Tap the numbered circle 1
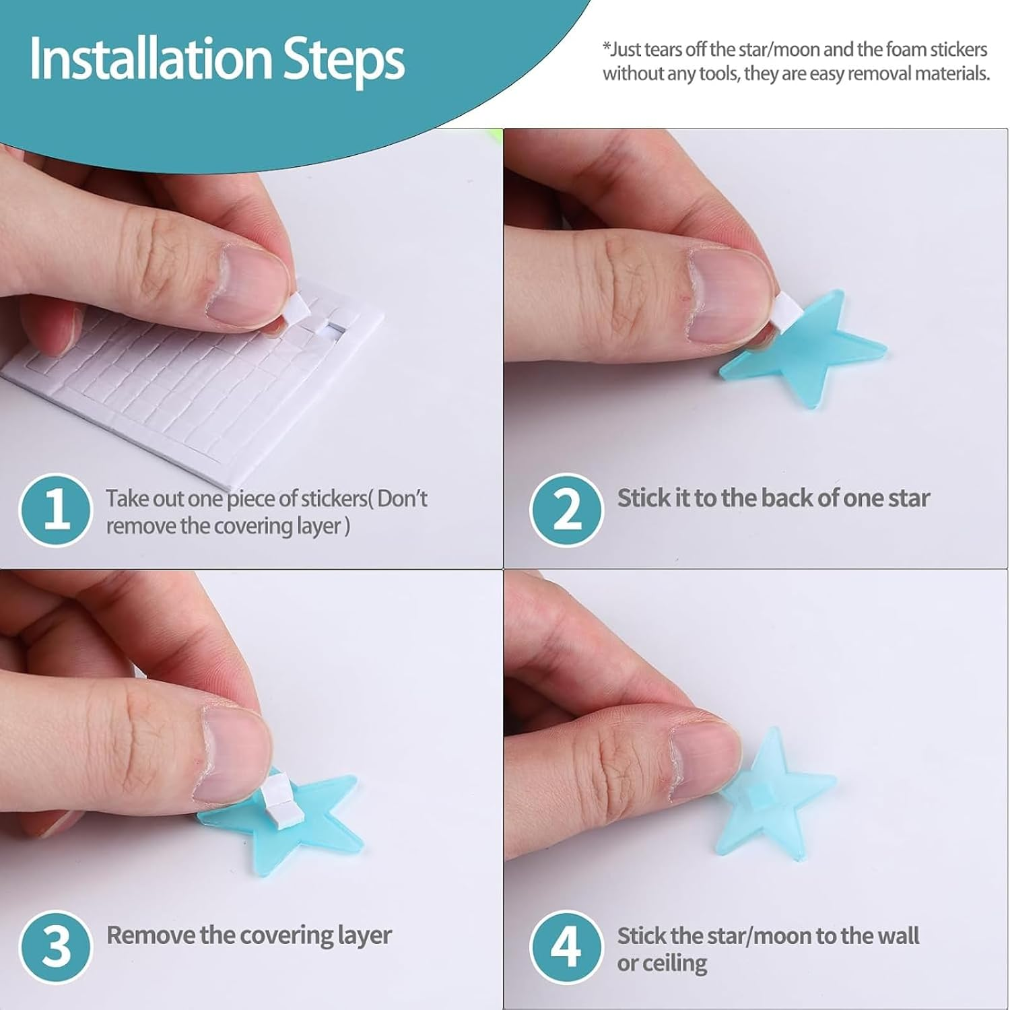tap(55, 510)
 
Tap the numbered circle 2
tap(566, 510)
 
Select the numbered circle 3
tap(55, 947)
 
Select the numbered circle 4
tap(566, 947)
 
